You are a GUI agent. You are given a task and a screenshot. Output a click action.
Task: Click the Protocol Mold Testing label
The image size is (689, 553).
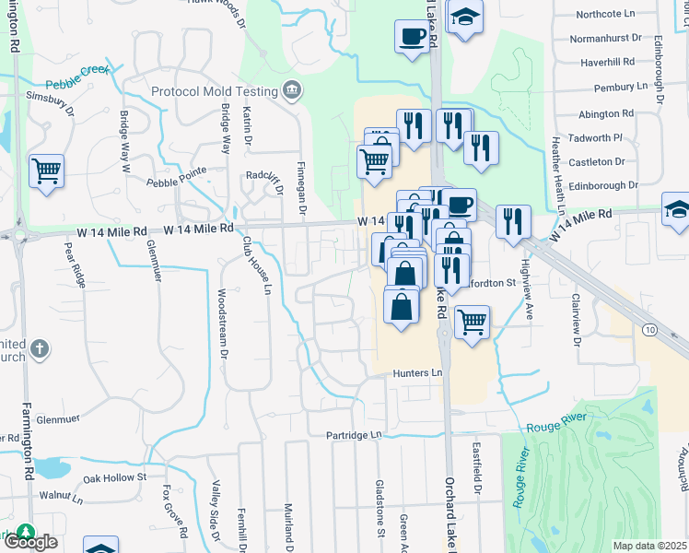pos(215,91)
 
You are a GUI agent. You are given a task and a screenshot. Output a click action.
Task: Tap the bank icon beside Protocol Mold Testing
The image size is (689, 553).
pos(293,89)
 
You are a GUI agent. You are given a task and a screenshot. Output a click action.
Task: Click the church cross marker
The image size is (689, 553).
pos(39,348)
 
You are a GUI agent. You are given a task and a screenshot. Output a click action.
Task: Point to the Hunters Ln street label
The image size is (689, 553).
pos(418,372)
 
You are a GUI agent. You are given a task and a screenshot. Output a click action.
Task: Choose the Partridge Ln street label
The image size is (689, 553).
pos(353,434)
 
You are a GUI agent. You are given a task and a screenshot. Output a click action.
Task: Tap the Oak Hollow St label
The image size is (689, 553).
pos(115,477)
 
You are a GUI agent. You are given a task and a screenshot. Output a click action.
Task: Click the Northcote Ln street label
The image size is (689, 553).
pos(605,15)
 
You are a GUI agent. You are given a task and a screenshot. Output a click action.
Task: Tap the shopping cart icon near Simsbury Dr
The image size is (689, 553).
pos(46,171)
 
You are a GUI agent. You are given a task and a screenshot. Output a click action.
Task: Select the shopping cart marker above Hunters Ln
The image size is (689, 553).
pos(472,323)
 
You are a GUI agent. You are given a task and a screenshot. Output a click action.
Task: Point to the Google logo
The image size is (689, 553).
pos(30,541)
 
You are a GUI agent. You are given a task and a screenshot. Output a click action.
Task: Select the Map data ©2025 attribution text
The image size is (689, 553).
pos(650,546)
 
